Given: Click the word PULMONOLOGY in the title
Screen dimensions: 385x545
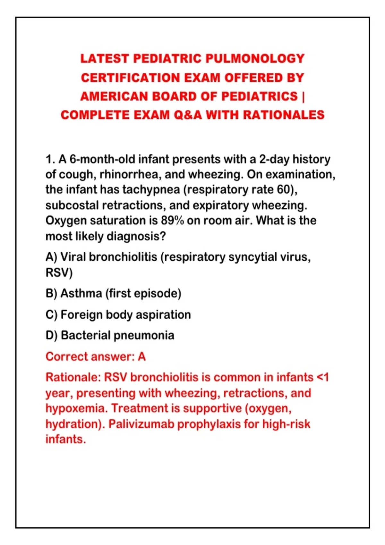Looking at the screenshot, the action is [255, 58].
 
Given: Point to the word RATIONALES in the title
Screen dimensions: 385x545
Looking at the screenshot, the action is [284, 115].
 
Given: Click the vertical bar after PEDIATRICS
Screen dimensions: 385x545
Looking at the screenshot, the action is [303, 96].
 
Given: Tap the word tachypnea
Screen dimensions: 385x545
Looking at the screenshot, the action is [151, 190].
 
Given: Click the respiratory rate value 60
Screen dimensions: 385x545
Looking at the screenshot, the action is [285, 190].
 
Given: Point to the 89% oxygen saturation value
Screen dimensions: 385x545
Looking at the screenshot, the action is [172, 221].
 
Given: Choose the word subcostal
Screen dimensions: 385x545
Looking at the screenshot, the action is [72, 205].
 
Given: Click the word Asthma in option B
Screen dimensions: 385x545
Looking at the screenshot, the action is [81, 293].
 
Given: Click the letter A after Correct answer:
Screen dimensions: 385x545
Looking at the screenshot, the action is [142, 357].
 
